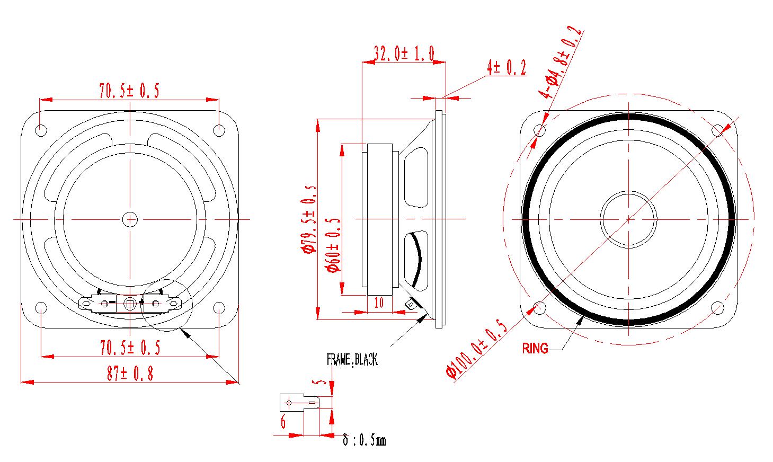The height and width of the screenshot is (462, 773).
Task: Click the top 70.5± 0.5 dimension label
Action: click(129, 91)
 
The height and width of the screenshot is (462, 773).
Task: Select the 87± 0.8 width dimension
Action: click(130, 374)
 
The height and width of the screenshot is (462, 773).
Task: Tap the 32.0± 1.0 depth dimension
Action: click(404, 54)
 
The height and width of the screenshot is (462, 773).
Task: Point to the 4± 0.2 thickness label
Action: click(506, 68)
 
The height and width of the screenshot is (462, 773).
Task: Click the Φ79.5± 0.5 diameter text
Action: click(310, 219)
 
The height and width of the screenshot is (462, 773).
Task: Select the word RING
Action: click(535, 349)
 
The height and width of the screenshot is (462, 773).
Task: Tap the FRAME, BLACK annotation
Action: click(352, 360)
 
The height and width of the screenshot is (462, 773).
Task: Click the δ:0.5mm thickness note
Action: click(364, 440)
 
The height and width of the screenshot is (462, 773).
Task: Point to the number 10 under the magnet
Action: click(379, 303)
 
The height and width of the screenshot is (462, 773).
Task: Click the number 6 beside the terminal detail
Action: click(283, 422)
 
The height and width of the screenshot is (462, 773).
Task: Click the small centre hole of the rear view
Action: click(129, 218)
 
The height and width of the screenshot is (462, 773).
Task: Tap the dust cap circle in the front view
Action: click(629, 218)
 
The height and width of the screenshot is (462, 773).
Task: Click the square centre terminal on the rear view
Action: click(129, 304)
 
